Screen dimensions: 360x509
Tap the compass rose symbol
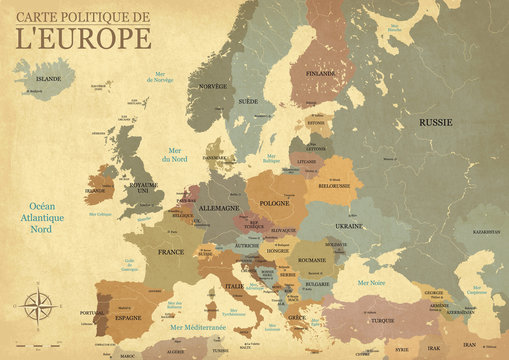[x=41, y=305]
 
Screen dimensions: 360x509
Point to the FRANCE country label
[x=171, y=252]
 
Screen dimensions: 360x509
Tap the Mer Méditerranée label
[x=197, y=327]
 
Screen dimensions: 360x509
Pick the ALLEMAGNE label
[x=219, y=208]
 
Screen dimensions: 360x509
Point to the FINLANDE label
[x=320, y=72]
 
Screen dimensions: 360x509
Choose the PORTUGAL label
[x=92, y=313]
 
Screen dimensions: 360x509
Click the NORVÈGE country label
[x=213, y=86]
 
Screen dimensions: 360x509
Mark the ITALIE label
[x=233, y=286]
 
